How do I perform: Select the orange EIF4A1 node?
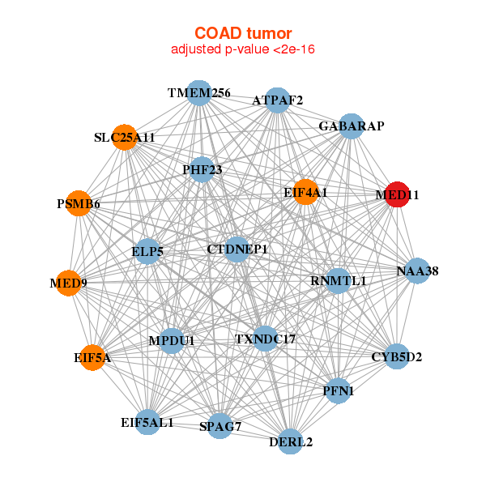[305, 192]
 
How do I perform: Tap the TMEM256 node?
[198, 93]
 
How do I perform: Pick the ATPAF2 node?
[277, 100]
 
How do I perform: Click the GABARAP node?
[351, 126]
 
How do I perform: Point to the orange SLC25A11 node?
[124, 138]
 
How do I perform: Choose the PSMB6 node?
[79, 203]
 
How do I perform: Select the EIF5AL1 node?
[147, 422]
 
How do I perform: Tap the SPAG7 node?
[220, 426]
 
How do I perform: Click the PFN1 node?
[338, 390]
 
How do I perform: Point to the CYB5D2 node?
[396, 356]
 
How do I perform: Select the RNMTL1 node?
[339, 281]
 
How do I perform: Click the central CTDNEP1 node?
[237, 249]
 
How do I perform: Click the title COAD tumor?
[242, 33]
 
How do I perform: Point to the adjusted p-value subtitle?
[242, 49]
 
